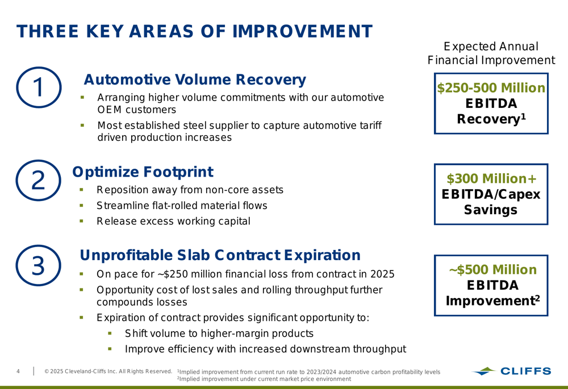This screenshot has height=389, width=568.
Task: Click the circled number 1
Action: point(39,87)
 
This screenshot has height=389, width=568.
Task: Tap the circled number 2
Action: point(39,181)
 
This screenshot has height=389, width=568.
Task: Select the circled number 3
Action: point(39,266)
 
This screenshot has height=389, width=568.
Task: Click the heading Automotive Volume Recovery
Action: point(195,80)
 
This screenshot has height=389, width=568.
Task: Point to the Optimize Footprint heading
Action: point(143,172)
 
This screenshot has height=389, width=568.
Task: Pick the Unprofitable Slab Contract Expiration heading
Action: point(220,255)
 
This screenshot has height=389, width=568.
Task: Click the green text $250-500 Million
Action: point(491,88)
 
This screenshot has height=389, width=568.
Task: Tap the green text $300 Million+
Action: point(491,178)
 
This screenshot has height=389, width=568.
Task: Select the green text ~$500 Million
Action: point(492,270)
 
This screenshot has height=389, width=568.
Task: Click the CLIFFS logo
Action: point(512,371)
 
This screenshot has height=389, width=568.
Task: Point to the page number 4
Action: point(18,371)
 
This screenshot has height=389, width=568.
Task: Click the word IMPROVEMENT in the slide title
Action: point(302,31)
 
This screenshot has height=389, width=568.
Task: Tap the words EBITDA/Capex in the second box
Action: point(491,194)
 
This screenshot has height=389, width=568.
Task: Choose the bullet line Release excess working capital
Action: point(173,221)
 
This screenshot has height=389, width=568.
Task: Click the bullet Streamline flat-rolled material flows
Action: point(182,206)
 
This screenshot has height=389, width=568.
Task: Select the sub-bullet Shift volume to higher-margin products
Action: point(219,333)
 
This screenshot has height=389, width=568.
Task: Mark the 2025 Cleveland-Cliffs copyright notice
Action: point(108,371)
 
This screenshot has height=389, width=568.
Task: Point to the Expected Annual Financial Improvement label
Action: point(491,53)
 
